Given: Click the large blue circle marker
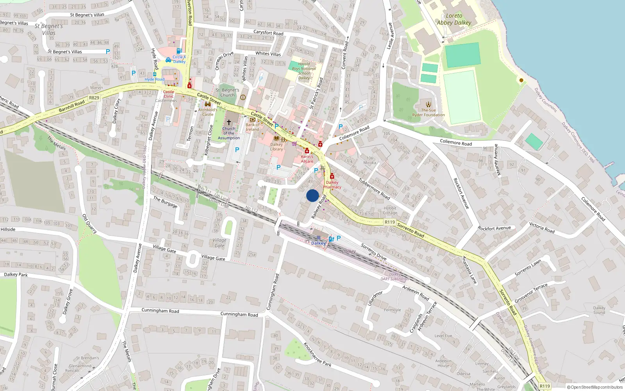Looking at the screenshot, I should click(x=312, y=195).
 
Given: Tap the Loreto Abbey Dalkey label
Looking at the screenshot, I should click(x=454, y=19).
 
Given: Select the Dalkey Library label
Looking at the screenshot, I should click(x=276, y=147).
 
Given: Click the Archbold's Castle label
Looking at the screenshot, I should click(x=207, y=112).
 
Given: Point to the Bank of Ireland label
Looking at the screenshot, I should click(x=252, y=127).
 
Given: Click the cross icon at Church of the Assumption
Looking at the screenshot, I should click(x=229, y=122).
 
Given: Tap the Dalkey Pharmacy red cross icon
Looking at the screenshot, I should click(x=332, y=176).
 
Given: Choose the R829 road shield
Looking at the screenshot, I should click(x=94, y=98).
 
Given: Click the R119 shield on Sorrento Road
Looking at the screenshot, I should click(x=389, y=222).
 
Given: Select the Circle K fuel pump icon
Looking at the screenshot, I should click(x=179, y=51).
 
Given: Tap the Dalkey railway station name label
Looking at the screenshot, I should click(x=318, y=243).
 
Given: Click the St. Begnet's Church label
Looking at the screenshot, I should click(x=227, y=93).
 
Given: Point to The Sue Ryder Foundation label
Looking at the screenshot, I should click(x=429, y=113).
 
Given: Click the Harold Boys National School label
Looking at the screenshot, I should click(x=304, y=71).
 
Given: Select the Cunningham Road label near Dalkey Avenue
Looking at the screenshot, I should click(x=160, y=310).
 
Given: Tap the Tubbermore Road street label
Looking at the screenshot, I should click(x=374, y=188).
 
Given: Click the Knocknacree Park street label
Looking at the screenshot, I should click(x=317, y=354).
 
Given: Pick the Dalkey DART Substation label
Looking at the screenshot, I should click(x=395, y=277).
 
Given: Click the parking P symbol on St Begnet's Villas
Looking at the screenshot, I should click(x=108, y=51).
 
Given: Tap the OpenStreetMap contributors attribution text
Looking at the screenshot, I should click(x=595, y=387).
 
